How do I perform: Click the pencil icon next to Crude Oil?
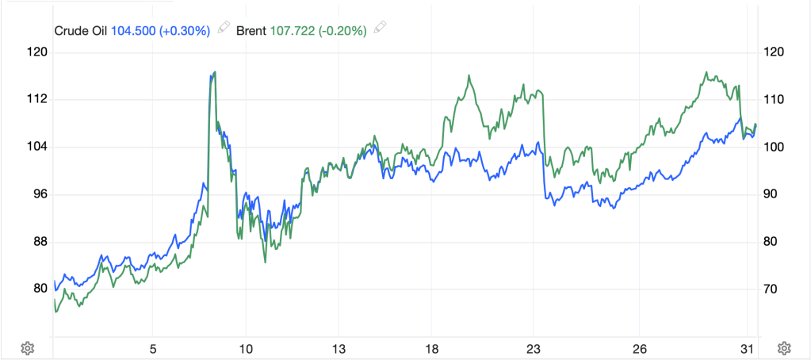point(224,29)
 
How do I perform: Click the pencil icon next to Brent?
point(381,29)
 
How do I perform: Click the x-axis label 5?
point(153,348)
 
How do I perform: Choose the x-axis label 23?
point(534,348)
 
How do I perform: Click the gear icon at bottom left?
point(27,348)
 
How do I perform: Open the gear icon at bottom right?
point(784,348)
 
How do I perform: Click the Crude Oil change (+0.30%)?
point(186,31)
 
